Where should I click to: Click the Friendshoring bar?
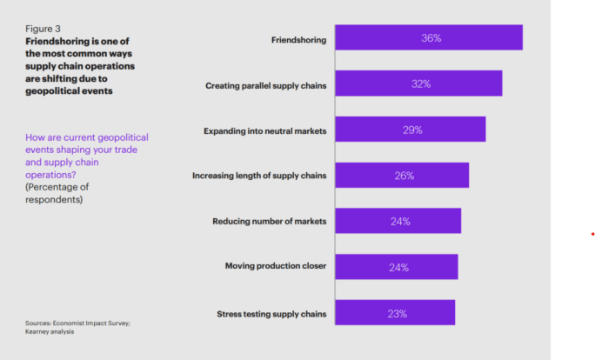428,38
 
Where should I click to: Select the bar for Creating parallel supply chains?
418,84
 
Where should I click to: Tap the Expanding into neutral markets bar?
410,130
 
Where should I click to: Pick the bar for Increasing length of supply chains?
401,176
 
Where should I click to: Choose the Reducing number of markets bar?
398,221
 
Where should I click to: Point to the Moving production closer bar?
396,267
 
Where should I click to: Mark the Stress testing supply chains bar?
394,312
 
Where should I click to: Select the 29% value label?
412,130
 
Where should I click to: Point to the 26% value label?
404,176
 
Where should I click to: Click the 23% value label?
397,312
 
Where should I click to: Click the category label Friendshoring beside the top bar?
298,39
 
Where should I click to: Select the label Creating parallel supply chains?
265,85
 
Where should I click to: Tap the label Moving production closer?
275,266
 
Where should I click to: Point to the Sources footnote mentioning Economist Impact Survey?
77,326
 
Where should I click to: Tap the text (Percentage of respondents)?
57,192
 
